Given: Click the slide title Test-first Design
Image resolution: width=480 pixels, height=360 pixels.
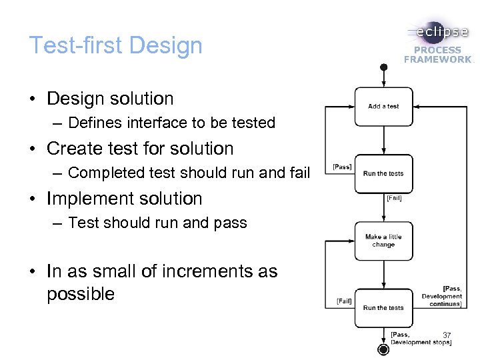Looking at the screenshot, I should coord(115,45).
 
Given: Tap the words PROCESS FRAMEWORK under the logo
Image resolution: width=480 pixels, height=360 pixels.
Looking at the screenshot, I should coord(437,55).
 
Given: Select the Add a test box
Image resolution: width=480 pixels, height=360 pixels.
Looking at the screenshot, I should coord(383,106).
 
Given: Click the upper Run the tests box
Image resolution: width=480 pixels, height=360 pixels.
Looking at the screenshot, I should coord(383,173).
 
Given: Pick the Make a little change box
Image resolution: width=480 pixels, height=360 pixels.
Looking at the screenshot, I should coord(383,241).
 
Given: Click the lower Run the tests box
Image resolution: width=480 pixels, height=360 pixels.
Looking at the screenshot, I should coord(383,308).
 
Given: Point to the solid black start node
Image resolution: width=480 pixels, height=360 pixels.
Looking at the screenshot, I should coord(383,67).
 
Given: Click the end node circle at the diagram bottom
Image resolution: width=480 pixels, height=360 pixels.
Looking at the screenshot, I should coord(383,350).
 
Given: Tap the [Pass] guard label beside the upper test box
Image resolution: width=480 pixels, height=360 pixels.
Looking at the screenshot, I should coord(342,167).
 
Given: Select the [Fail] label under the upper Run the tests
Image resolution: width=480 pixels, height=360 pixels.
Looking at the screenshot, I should coord(394,198).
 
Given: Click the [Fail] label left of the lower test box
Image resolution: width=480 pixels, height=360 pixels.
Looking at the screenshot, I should coord(344,301).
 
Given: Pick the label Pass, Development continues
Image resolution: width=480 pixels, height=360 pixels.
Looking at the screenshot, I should coord(442,296).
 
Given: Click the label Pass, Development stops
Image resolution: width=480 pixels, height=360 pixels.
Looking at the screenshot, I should coord(420,338).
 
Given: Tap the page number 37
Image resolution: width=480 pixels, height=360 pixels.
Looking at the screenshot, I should coord(447,335).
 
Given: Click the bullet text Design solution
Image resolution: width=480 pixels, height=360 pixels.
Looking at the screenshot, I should coord(110,99).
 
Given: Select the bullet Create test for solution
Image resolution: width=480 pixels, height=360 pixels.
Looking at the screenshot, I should coord(140,149).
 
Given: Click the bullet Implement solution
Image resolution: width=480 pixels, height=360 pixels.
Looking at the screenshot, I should coord(124,199).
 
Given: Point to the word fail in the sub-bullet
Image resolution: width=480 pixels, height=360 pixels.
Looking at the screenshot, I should coord(301,173).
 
